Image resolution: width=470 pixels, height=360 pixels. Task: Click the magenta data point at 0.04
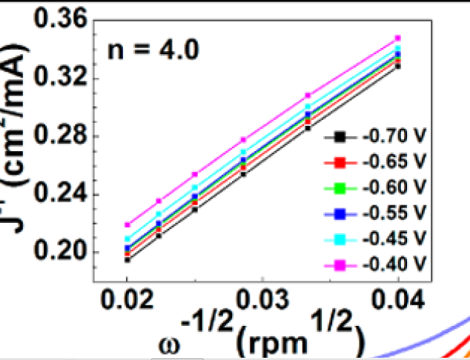coord(398,38)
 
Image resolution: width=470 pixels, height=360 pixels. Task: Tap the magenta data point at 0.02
coord(127,224)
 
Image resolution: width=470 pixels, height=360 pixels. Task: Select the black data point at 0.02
coord(127,259)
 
